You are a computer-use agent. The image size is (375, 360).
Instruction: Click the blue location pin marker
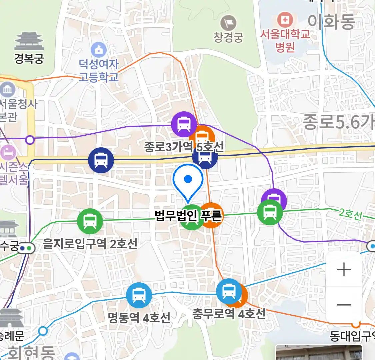click(x=188, y=182)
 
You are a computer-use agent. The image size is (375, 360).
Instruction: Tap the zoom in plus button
click(x=344, y=269)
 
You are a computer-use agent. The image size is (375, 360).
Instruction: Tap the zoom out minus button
click(x=344, y=305)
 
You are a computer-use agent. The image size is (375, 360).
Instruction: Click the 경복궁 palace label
click(x=29, y=58)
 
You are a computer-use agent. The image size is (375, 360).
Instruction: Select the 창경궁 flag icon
click(x=228, y=23)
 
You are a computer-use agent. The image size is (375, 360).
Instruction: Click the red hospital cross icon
click(x=285, y=20)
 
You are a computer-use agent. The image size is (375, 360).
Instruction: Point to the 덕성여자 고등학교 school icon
click(x=99, y=50)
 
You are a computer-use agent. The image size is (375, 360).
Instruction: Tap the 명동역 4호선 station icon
click(x=139, y=295)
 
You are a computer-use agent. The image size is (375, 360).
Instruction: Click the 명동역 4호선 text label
click(x=139, y=317)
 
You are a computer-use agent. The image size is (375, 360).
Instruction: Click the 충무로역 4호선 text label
click(x=229, y=314)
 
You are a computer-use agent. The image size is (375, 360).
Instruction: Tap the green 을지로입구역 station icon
click(x=90, y=221)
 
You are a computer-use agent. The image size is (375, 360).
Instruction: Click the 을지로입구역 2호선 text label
click(x=90, y=244)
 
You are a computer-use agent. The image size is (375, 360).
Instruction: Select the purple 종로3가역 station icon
click(x=184, y=124)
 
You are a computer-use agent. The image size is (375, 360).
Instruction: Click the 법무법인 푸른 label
click(x=188, y=216)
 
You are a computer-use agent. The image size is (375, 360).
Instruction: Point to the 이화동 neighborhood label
click(x=331, y=22)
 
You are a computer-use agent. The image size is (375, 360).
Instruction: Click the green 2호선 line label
click(x=350, y=214)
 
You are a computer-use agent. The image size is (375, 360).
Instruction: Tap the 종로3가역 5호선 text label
click(x=184, y=147)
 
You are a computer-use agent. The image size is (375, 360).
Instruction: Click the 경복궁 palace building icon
click(x=29, y=41)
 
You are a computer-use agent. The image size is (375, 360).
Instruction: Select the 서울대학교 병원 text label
click(x=285, y=40)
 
